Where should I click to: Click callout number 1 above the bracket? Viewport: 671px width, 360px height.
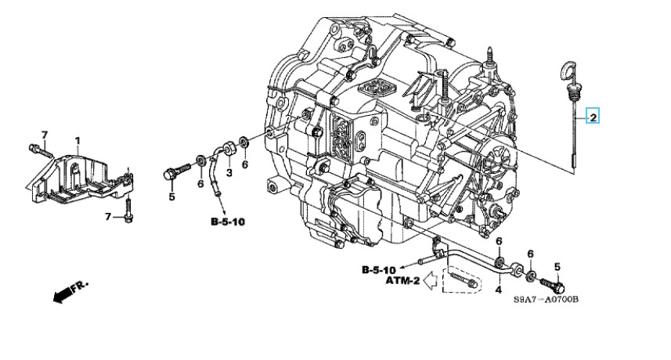[78, 140]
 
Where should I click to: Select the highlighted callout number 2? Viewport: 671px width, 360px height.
[593, 117]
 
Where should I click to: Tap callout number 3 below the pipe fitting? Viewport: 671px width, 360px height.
[229, 173]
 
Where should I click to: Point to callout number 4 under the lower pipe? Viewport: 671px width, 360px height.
[498, 290]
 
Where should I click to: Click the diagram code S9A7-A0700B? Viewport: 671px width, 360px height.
[546, 299]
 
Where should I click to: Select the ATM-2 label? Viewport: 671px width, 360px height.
[402, 281]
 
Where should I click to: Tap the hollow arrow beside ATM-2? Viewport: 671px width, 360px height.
[429, 280]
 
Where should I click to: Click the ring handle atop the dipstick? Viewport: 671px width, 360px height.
[565, 70]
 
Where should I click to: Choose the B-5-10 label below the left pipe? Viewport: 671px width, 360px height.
[228, 221]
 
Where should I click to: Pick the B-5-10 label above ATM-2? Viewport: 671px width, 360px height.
[379, 270]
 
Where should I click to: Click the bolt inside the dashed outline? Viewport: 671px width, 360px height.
[464, 279]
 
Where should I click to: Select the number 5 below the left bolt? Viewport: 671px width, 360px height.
[171, 196]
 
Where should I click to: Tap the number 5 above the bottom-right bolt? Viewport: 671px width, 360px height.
[557, 267]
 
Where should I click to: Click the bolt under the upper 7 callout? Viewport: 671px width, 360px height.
[40, 150]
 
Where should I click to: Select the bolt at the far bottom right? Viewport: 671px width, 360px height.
[553, 284]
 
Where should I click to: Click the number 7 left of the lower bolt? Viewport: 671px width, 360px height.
[108, 218]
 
